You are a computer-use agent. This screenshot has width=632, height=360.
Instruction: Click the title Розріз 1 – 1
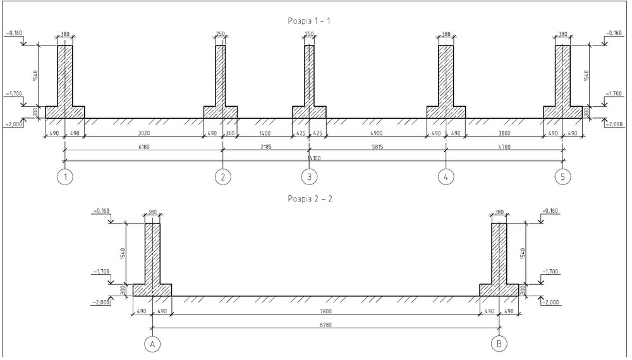point(309,21)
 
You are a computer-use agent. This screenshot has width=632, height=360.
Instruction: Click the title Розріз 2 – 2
point(310,199)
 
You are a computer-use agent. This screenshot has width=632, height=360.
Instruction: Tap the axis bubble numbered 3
point(309,177)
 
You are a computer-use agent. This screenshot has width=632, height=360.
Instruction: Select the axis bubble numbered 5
point(563,177)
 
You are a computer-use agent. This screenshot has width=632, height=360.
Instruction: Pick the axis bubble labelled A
point(152,344)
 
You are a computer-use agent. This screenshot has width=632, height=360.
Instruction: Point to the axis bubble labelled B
point(499,344)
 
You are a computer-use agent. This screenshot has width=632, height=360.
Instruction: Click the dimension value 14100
point(314,159)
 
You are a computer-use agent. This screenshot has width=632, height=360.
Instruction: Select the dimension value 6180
point(143,147)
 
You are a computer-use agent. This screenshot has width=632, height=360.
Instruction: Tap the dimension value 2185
point(266,147)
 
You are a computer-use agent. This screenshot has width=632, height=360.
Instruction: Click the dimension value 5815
point(378,147)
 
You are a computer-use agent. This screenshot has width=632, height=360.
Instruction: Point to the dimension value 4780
point(504,147)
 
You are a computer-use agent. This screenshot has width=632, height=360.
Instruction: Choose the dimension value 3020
point(143,133)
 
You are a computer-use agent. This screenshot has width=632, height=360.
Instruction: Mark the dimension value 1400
point(265,133)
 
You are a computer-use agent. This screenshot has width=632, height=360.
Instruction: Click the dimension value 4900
point(376,133)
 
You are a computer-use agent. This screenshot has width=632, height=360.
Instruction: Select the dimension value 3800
point(504,133)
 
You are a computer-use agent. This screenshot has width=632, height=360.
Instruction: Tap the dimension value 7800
point(325,311)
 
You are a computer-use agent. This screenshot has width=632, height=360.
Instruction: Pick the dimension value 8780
point(325,325)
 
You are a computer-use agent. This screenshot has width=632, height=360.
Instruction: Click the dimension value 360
point(230,133)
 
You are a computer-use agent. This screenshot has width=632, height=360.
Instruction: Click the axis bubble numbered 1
point(65,177)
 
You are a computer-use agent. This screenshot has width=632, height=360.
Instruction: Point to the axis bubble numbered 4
point(446,177)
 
